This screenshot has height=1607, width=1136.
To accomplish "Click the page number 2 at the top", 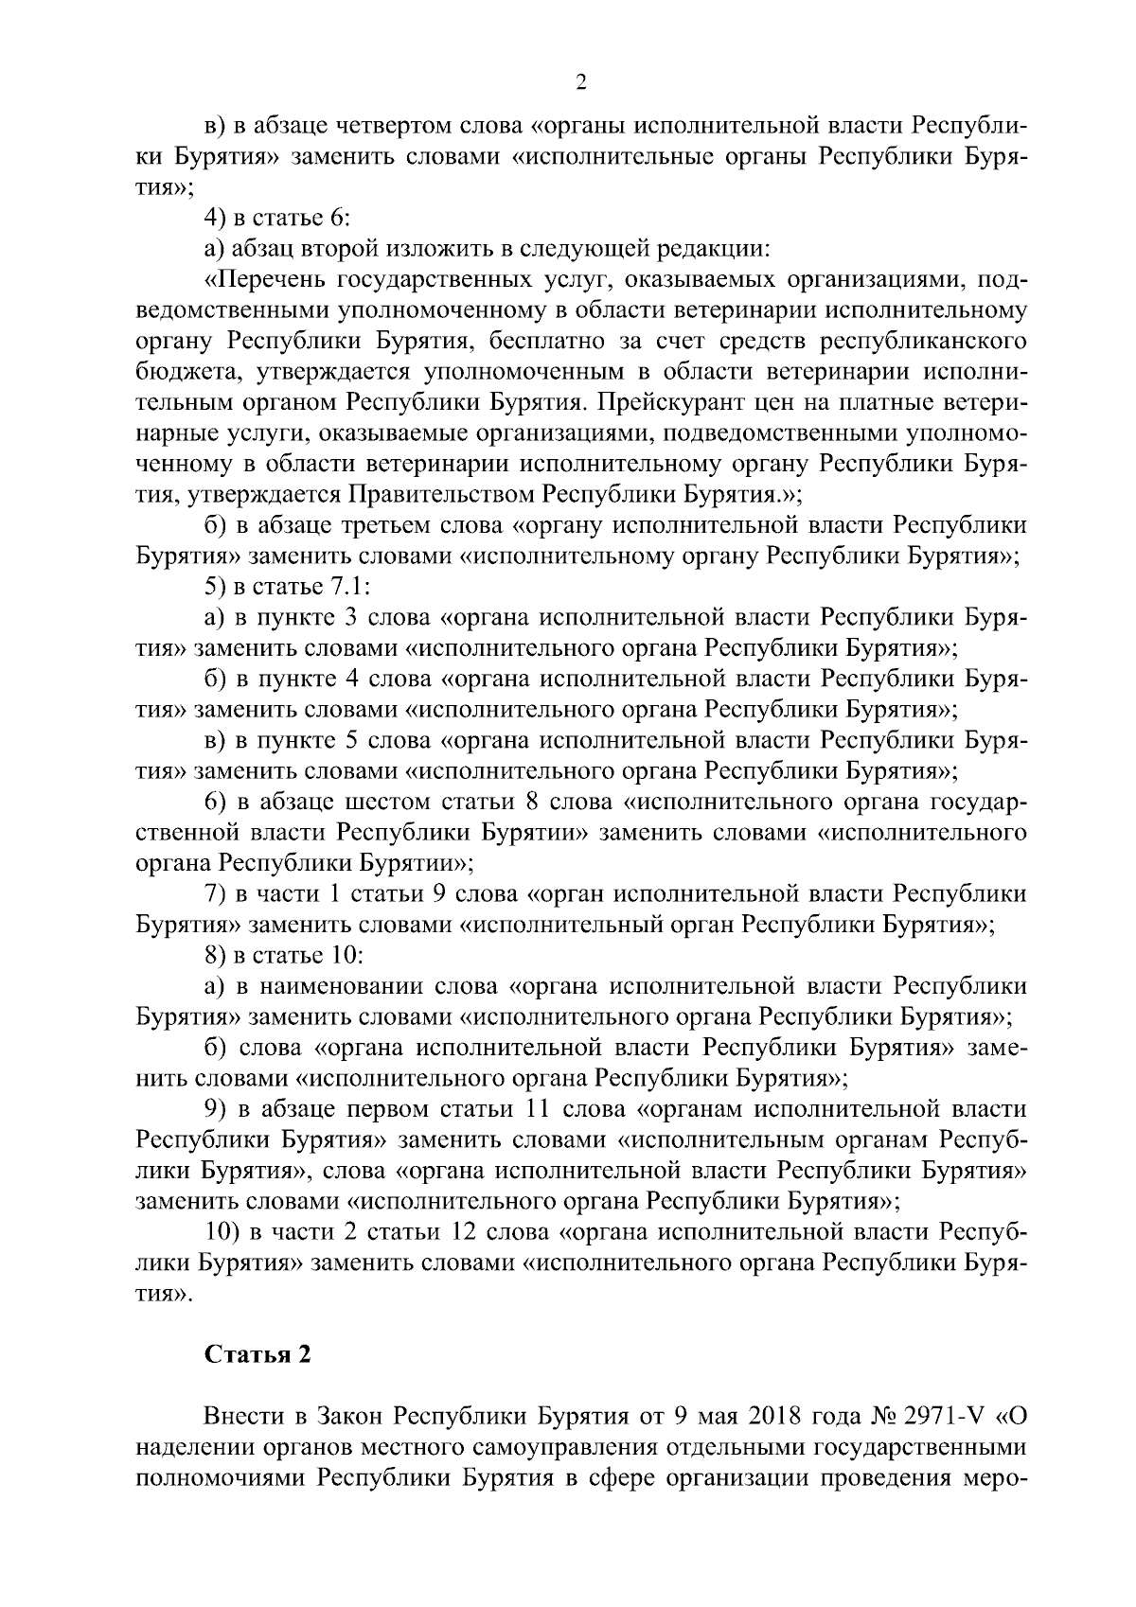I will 581,83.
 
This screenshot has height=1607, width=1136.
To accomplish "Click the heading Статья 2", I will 258,1354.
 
